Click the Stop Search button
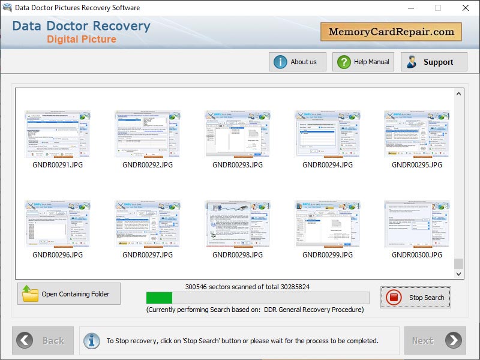(415, 298)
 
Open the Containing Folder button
(69, 294)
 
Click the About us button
(297, 62)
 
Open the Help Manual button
(364, 62)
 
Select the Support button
(434, 62)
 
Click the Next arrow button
(435, 341)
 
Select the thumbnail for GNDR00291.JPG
(58, 134)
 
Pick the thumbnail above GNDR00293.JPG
(238, 134)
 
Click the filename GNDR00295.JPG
(417, 165)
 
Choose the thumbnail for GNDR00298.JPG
(238, 224)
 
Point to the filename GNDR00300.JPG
(417, 255)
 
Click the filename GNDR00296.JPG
(58, 255)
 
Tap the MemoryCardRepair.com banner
(391, 32)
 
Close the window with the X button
(466, 8)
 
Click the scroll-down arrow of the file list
(459, 274)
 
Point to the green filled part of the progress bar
(159, 298)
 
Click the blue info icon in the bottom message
(92, 341)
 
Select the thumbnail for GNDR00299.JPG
(328, 224)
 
